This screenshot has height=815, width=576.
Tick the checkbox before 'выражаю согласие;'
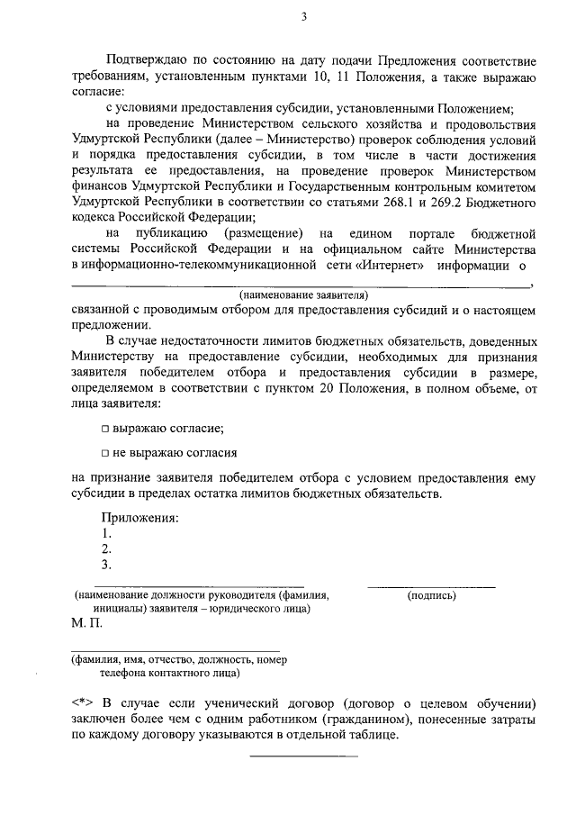pos(105,430)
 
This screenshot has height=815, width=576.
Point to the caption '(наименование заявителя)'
pos(303,294)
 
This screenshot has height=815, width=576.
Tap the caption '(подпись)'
pos(431,595)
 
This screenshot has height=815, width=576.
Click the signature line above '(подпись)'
pos(431,586)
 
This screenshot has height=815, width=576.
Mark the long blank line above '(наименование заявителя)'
pos(301,284)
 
